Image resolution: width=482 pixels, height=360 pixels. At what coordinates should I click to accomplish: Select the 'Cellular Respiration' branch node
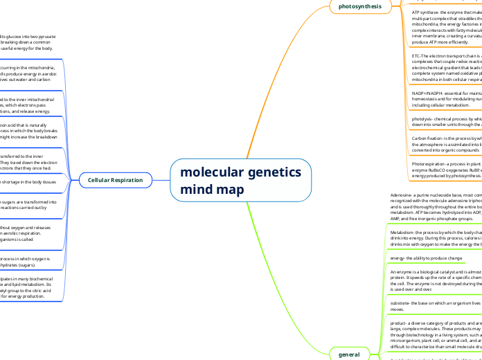point(115,180)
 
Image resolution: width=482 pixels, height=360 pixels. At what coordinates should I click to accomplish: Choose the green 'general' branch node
point(349,354)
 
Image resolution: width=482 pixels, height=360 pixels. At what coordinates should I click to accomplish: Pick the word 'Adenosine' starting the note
point(406,195)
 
